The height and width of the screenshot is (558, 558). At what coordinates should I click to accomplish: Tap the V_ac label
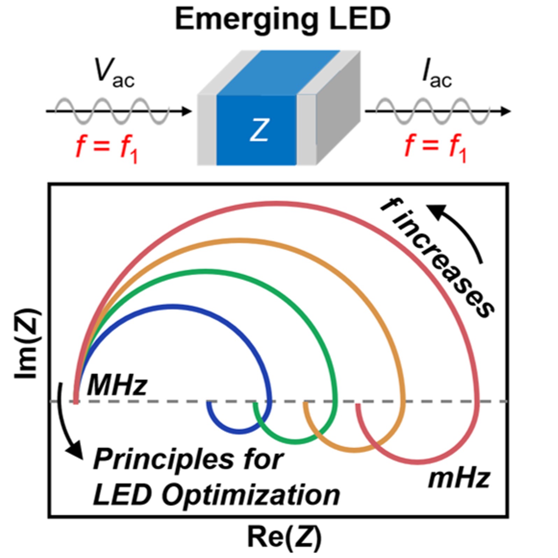coord(114,73)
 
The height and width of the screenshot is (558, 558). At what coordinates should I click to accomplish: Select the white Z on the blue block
coord(259,130)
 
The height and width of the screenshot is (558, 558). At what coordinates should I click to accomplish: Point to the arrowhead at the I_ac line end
coord(506,112)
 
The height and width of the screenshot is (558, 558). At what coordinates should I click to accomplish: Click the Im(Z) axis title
coord(28,344)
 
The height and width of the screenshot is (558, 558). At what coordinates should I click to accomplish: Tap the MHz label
coord(117,385)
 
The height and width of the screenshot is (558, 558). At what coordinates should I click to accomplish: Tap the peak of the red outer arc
coord(276,203)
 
